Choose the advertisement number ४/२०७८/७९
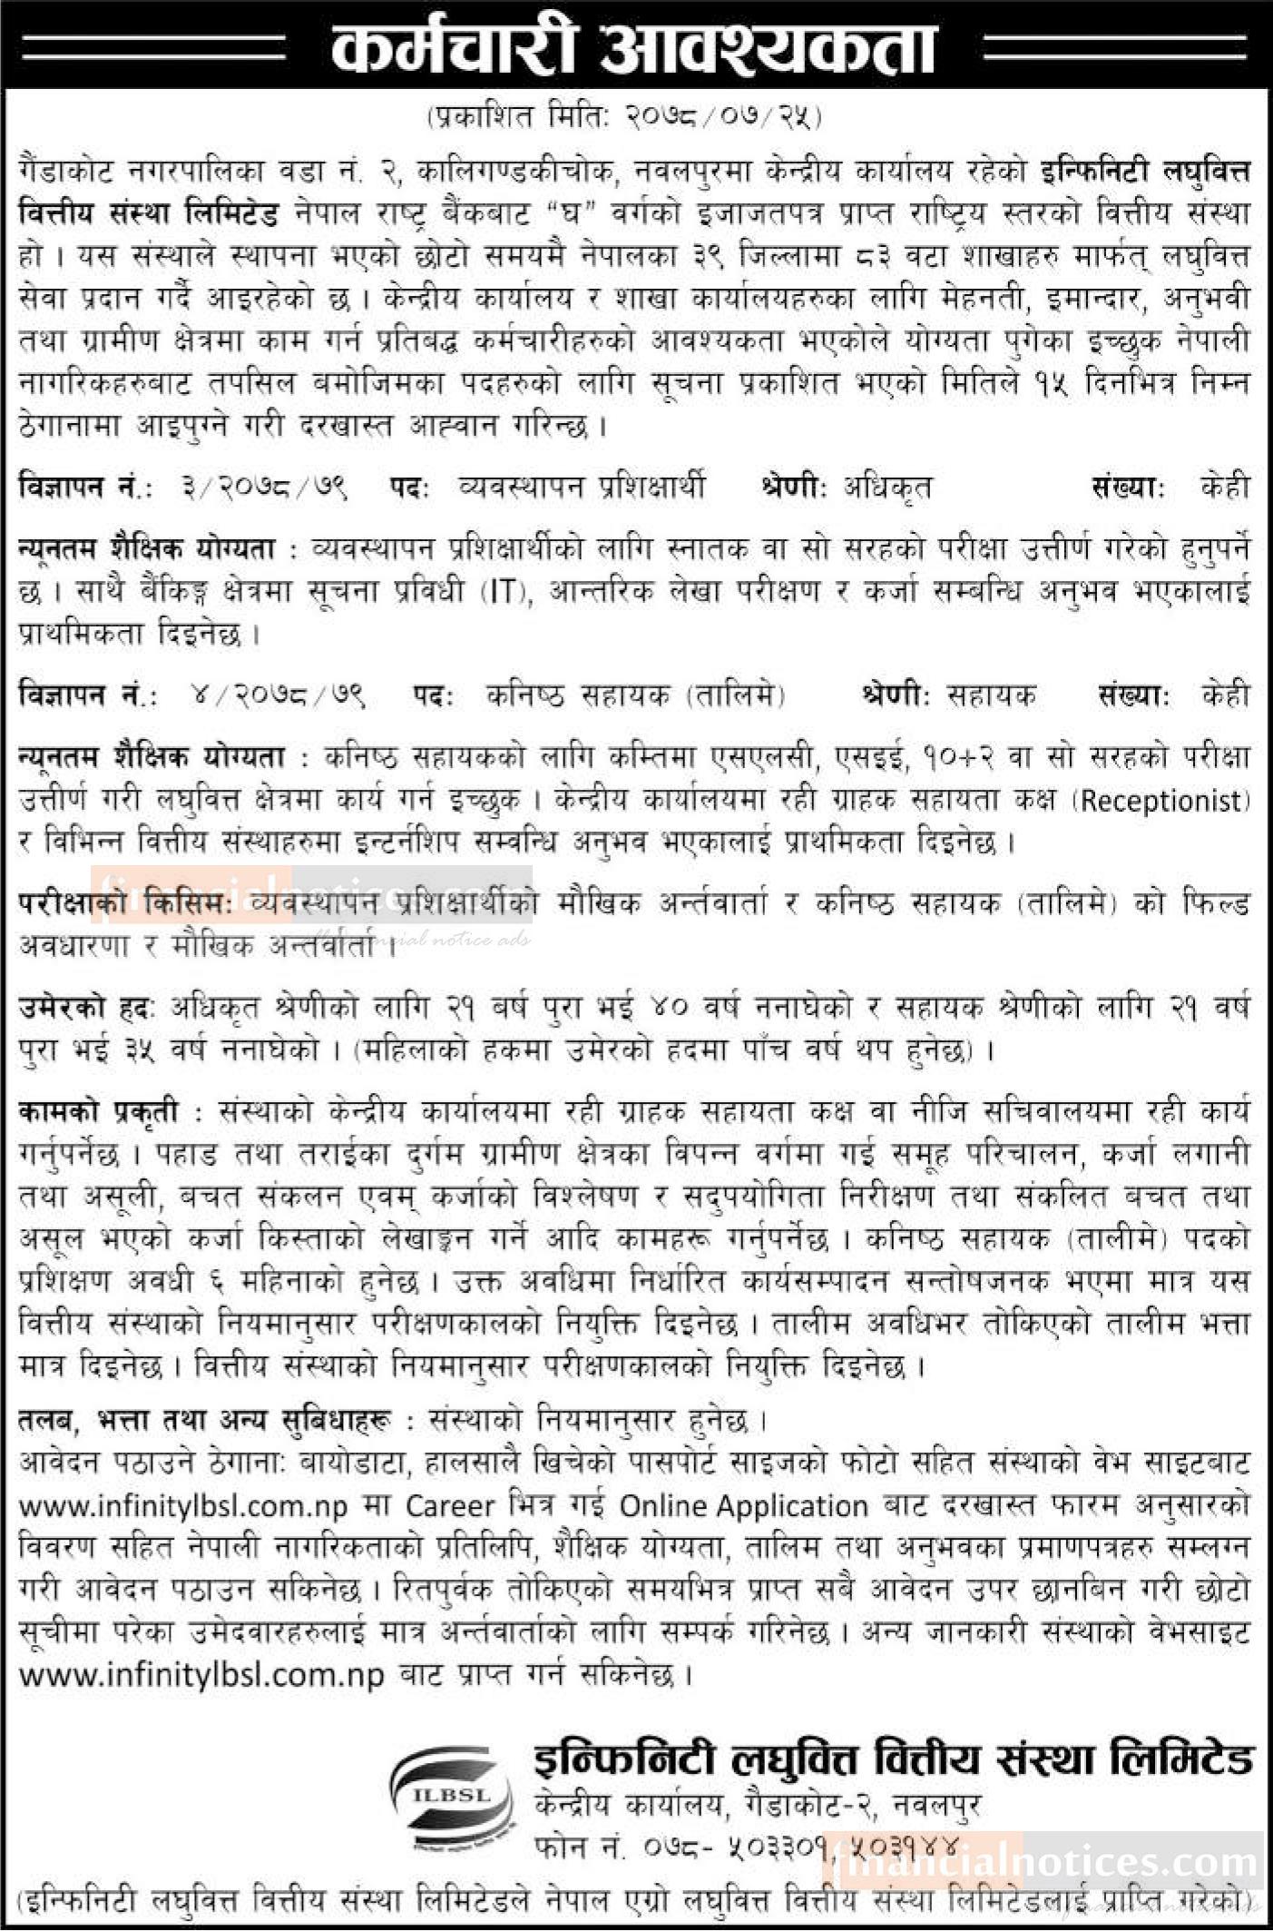pos(277,695)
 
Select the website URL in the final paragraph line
pos(202,1673)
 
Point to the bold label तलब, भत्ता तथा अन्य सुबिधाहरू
pos(204,1422)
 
